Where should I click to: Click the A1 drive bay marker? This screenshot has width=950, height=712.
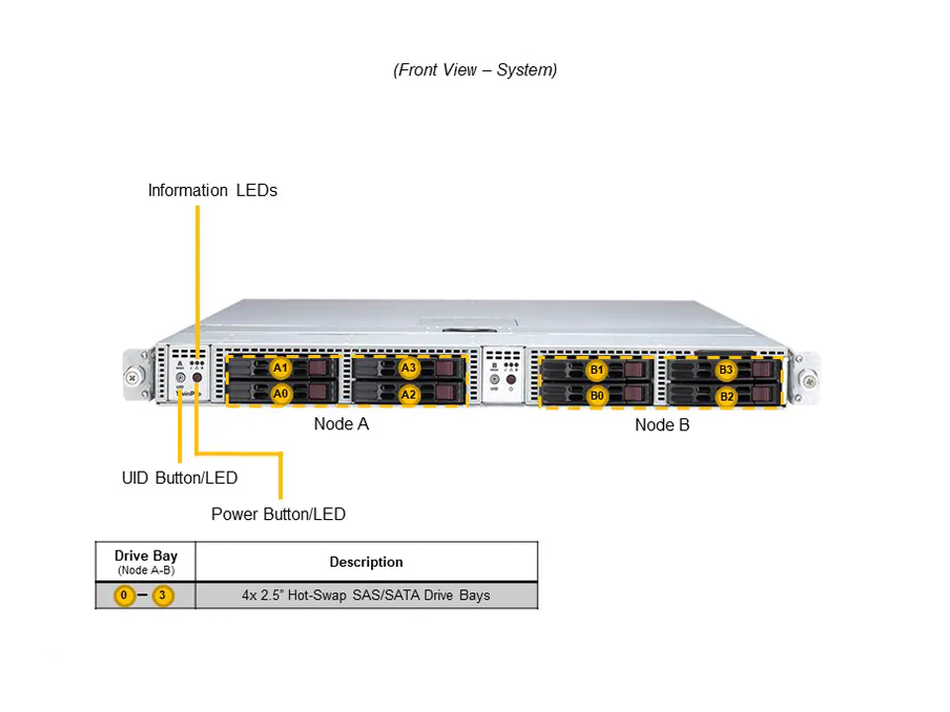pyautogui.click(x=281, y=368)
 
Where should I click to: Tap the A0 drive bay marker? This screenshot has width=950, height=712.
pyautogui.click(x=281, y=394)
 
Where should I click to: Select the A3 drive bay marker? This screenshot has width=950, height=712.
pyautogui.click(x=409, y=368)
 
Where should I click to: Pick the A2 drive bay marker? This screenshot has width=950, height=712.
pyautogui.click(x=409, y=394)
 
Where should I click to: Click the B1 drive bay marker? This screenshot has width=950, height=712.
pyautogui.click(x=597, y=371)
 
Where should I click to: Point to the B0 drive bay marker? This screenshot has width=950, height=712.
pyautogui.click(x=597, y=396)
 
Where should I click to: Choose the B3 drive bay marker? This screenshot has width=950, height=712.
pyautogui.click(x=726, y=371)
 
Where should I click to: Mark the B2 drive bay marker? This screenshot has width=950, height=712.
pyautogui.click(x=726, y=397)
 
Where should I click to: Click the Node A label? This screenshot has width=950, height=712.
pyautogui.click(x=341, y=423)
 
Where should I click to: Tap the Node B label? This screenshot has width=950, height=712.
pyautogui.click(x=662, y=425)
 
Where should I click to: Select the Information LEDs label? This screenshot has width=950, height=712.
pyautogui.click(x=213, y=190)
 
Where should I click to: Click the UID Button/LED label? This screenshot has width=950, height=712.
pyautogui.click(x=179, y=478)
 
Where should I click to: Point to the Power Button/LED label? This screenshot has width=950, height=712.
pyautogui.click(x=278, y=514)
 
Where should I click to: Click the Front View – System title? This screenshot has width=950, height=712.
pyautogui.click(x=475, y=69)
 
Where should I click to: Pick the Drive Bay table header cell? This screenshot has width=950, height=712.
pyautogui.click(x=145, y=562)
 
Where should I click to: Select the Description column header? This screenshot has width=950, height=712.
pyautogui.click(x=366, y=562)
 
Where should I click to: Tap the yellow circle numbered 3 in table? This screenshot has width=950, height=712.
pyautogui.click(x=164, y=595)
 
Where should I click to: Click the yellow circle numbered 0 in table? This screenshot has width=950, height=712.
pyautogui.click(x=125, y=595)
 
